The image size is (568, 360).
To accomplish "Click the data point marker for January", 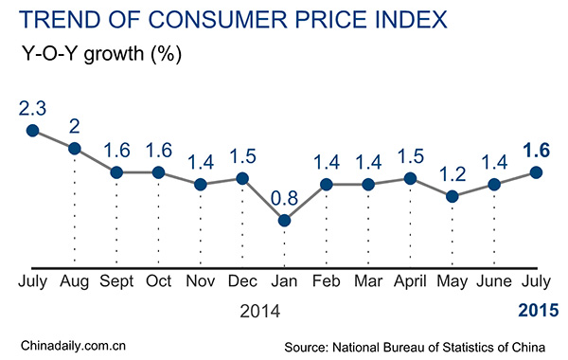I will tap(284, 220).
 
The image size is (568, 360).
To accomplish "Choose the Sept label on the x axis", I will tap(116, 281).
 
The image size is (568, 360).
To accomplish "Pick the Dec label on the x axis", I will tap(242, 281).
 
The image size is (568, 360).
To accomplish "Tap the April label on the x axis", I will tap(410, 281).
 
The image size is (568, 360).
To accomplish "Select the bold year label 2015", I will tap(538, 309).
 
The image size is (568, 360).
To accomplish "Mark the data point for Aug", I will tap(75, 148).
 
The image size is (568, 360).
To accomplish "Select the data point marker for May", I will tap(452, 196).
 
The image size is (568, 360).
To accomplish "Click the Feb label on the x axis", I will tap(326, 281).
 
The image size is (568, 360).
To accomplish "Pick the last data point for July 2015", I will tap(536, 172).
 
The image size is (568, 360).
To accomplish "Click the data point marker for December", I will tap(242, 178).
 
